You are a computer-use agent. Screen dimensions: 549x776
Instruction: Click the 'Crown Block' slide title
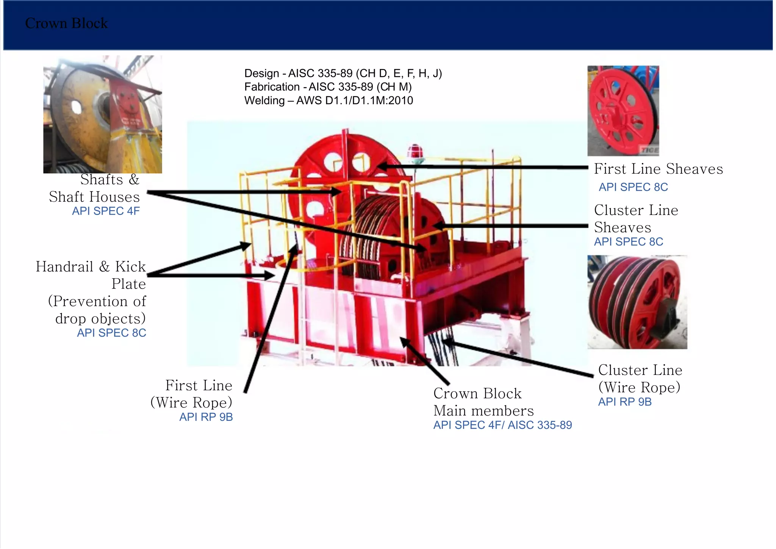pyautogui.click(x=66, y=24)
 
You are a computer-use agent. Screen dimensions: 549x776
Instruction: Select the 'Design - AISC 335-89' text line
pyautogui.click(x=343, y=73)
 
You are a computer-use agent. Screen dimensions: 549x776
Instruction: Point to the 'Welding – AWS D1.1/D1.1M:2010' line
pyautogui.click(x=329, y=100)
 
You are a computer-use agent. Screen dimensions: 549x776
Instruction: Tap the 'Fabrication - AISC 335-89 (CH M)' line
pyautogui.click(x=328, y=87)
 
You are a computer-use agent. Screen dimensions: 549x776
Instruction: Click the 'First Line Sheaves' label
pyautogui.click(x=658, y=169)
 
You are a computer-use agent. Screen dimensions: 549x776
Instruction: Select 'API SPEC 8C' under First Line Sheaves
pyautogui.click(x=633, y=187)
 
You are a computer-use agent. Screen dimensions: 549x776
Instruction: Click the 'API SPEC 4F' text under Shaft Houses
pyautogui.click(x=106, y=211)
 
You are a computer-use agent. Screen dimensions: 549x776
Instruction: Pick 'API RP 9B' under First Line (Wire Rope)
pyautogui.click(x=206, y=417)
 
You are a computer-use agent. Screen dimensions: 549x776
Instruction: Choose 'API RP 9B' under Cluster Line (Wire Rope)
pyautogui.click(x=624, y=402)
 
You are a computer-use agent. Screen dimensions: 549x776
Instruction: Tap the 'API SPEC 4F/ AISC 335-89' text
pyautogui.click(x=502, y=425)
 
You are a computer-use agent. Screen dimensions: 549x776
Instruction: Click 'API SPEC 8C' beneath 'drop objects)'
pyautogui.click(x=111, y=333)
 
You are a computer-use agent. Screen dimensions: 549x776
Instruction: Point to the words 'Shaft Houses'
pyautogui.click(x=94, y=197)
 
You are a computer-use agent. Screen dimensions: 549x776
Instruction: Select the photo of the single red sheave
pyautogui.click(x=623, y=111)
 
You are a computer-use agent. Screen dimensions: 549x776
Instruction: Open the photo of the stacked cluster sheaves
pyautogui.click(x=637, y=302)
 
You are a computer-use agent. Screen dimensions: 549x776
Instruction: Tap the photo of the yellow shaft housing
pyautogui.click(x=102, y=115)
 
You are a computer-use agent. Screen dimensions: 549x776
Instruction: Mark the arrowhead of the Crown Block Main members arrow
pyautogui.click(x=404, y=341)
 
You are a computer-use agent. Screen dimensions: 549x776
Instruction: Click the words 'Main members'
pyautogui.click(x=483, y=411)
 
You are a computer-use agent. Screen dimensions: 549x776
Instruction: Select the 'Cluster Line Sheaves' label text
pyautogui.click(x=636, y=219)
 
